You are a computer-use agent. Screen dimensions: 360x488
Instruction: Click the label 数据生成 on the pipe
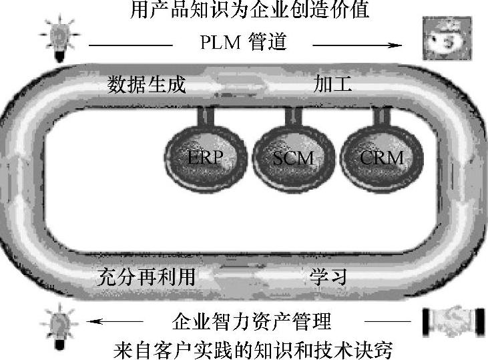pyautogui.click(x=147, y=85)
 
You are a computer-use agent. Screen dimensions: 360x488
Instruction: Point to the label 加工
pyautogui.click(x=332, y=85)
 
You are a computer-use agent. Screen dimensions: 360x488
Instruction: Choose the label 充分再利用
pyautogui.click(x=145, y=276)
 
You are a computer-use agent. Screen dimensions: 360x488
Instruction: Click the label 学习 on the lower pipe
pyautogui.click(x=328, y=276)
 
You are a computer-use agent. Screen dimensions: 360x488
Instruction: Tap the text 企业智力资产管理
pyautogui.click(x=252, y=323)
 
